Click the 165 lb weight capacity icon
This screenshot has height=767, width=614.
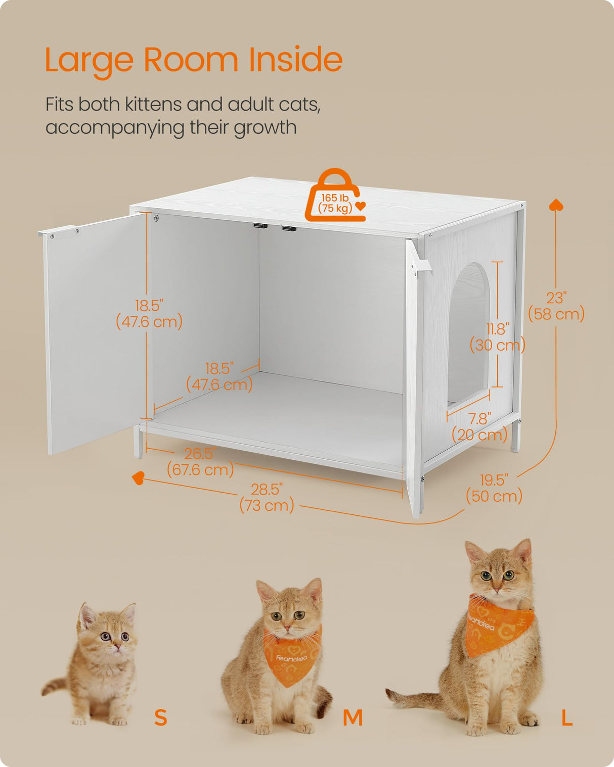click(335, 198)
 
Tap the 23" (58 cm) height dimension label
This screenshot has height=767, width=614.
click(556, 306)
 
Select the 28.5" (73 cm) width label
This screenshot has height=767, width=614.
click(267, 497)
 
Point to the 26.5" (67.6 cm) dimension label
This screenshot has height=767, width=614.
click(200, 462)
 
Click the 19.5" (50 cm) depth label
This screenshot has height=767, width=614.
click(494, 488)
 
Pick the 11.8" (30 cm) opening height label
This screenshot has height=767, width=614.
click(497, 337)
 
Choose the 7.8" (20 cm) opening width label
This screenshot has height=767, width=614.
click(479, 427)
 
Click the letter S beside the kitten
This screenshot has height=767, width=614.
click(160, 717)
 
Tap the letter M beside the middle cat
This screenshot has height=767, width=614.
click(353, 717)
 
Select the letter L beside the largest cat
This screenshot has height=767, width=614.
click(567, 717)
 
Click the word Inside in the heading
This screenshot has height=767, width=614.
click(295, 60)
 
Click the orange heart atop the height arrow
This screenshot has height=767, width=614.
click(556, 205)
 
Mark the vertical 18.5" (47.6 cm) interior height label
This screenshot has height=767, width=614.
click(149, 314)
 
